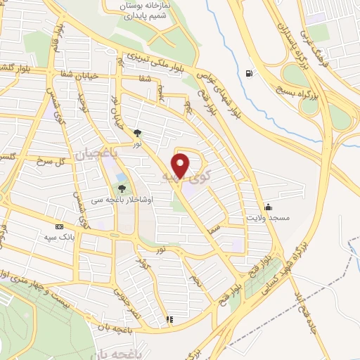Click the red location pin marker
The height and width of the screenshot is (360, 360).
[x=181, y=166]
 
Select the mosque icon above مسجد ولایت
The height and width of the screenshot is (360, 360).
[x=268, y=207]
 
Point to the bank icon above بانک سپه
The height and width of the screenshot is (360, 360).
[x=59, y=226]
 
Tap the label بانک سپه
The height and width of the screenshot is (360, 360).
[x=59, y=238]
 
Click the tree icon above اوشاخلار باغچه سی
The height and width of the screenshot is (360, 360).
[x=122, y=188]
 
